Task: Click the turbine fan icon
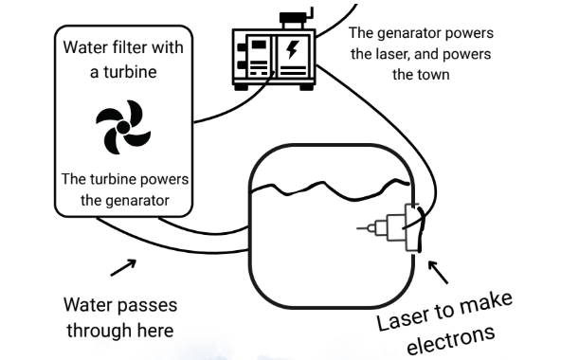point(123,127)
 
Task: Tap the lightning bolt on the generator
point(293,49)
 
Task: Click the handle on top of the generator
point(297,16)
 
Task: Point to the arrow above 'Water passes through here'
point(123,267)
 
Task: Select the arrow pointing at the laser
point(438,272)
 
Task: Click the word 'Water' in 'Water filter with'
point(86,47)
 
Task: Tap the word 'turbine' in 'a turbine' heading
point(130,72)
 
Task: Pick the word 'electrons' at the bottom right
point(450,339)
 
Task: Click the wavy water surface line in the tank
point(330,189)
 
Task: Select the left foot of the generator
point(241,87)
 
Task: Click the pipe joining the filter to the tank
point(172,236)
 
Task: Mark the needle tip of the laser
point(357,228)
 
